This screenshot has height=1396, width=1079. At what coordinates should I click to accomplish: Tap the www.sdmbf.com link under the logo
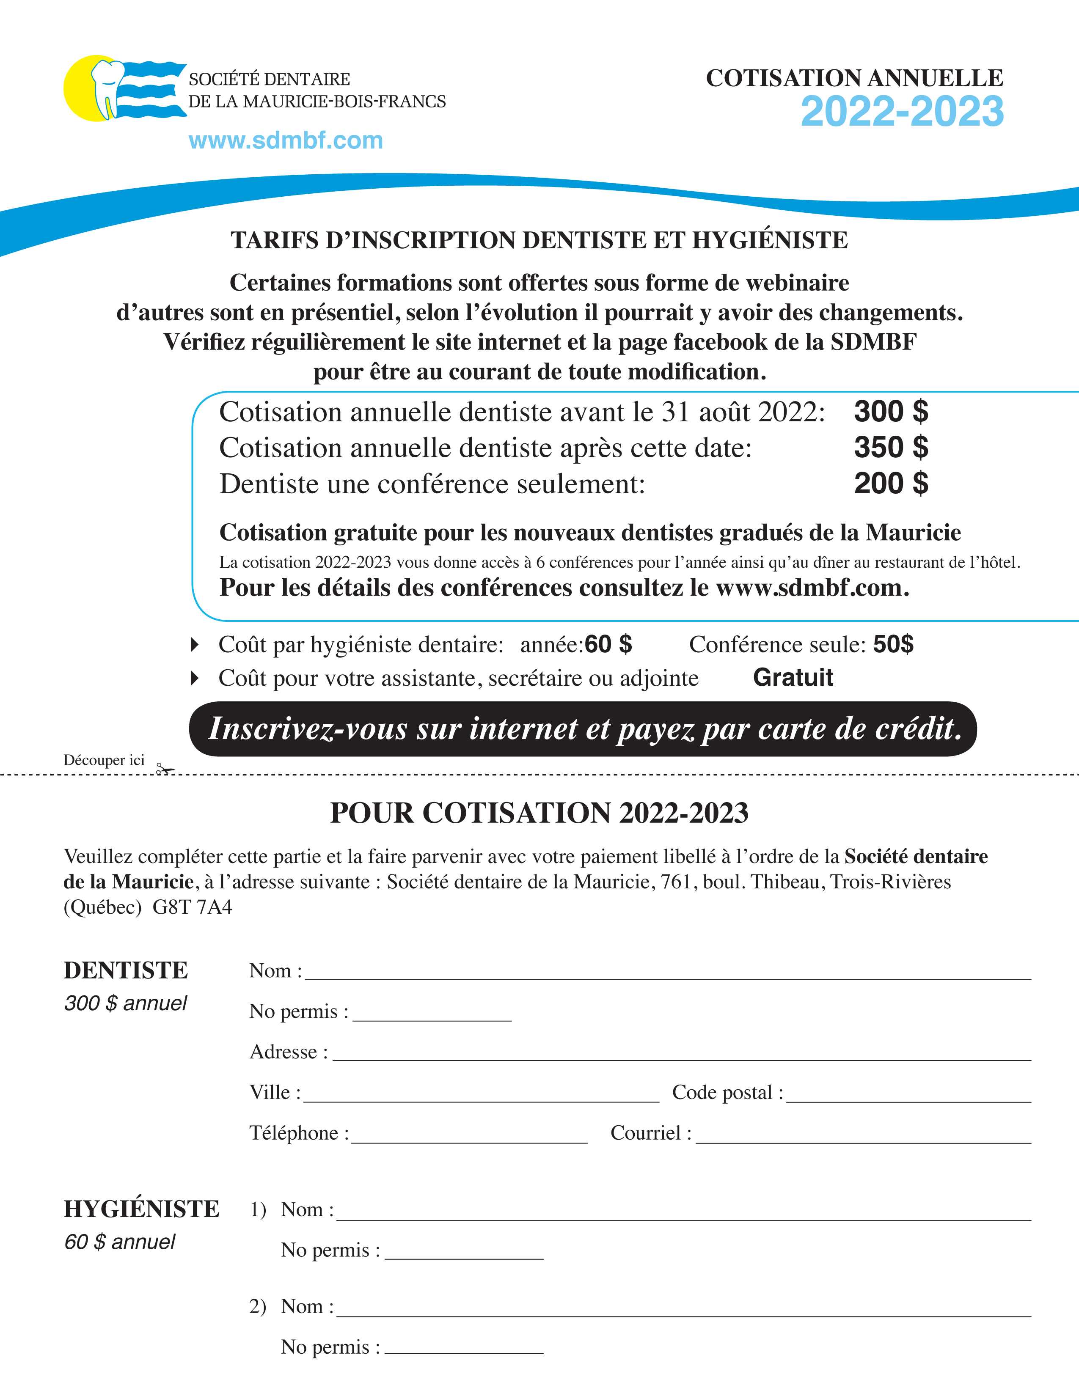[286, 140]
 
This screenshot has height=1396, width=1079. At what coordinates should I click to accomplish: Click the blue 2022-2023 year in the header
[902, 112]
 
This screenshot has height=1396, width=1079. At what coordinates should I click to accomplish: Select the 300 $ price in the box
[890, 412]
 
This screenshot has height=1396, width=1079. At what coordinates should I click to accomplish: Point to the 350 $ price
[890, 448]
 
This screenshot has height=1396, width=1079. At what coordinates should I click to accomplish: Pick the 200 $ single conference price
[890, 483]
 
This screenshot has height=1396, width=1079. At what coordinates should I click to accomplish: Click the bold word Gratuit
[793, 678]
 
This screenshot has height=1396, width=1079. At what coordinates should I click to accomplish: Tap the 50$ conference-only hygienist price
[893, 644]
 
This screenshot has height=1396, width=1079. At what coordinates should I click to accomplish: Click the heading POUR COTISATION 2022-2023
[539, 813]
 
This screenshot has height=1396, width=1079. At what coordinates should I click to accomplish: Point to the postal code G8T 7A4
[193, 907]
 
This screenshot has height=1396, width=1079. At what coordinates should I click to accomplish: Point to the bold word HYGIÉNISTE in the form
[141, 1209]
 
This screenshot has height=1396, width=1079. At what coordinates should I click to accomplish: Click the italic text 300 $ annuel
[125, 1003]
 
